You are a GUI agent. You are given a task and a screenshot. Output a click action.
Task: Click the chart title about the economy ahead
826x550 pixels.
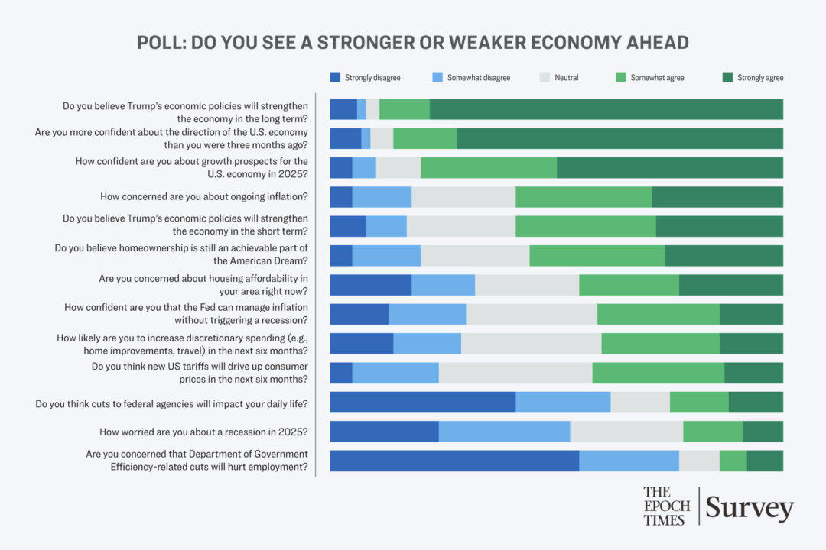(x=413, y=42)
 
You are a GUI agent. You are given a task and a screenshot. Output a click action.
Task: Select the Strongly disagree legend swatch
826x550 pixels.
(x=335, y=77)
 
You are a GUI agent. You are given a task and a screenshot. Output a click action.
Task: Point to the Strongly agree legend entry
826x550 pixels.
(x=753, y=77)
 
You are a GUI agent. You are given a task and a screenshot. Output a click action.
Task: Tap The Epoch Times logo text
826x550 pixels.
(x=666, y=506)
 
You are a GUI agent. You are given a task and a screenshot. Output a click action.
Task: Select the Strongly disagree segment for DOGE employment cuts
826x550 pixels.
(x=454, y=461)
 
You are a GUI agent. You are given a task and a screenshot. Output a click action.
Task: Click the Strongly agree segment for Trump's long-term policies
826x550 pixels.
(x=606, y=109)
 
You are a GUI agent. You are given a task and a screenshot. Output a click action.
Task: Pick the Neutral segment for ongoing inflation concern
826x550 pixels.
(x=463, y=197)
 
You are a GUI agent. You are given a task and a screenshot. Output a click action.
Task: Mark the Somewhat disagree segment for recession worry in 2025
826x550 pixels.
(x=504, y=432)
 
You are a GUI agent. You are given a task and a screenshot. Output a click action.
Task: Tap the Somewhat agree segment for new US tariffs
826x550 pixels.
(x=658, y=373)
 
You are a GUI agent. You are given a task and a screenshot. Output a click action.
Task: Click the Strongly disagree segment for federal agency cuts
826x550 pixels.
(x=422, y=402)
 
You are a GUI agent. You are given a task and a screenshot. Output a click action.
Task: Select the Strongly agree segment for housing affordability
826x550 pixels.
(x=730, y=285)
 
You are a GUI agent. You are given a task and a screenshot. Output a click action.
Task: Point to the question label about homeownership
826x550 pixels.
(x=181, y=254)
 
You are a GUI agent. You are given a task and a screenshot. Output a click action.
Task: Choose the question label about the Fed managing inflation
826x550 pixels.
(x=186, y=314)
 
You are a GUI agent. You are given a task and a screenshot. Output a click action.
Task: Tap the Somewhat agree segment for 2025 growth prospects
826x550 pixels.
(x=488, y=168)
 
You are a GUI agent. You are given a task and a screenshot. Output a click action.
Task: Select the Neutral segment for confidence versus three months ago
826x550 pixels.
(x=382, y=138)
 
